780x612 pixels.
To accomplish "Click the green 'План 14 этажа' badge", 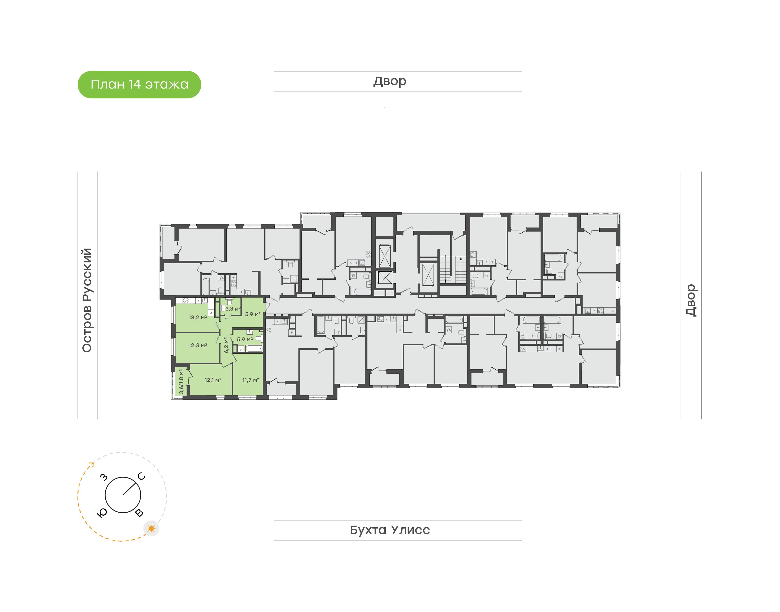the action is pyautogui.click(x=139, y=84).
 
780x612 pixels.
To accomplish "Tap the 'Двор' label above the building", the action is pyautogui.click(x=390, y=81).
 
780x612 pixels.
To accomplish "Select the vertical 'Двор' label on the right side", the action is pyautogui.click(x=691, y=300).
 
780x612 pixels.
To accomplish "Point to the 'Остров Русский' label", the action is pyautogui.click(x=87, y=300).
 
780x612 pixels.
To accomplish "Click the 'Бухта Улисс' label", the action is pyautogui.click(x=390, y=530).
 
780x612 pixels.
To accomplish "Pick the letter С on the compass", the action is pyautogui.click(x=142, y=476).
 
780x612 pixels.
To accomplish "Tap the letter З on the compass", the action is pyautogui.click(x=103, y=477).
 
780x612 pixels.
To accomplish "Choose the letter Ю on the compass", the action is pyautogui.click(x=102, y=513).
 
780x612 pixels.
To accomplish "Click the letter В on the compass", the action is pyautogui.click(x=139, y=513).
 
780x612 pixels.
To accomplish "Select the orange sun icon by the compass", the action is pyautogui.click(x=152, y=529).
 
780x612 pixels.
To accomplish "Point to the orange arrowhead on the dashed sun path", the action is pyautogui.click(x=92, y=465).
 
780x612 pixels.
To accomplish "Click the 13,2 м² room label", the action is pyautogui.click(x=198, y=317).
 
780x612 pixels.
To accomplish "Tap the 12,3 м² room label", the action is pyautogui.click(x=198, y=346).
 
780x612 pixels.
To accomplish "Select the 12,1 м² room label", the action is pyautogui.click(x=213, y=380).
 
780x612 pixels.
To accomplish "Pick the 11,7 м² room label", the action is pyautogui.click(x=251, y=380).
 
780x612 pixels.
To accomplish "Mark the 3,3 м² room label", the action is pyautogui.click(x=233, y=308).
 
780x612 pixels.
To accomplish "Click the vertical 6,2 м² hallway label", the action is pyautogui.click(x=226, y=345).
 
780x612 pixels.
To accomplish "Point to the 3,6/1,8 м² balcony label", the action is pyautogui.click(x=181, y=382).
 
